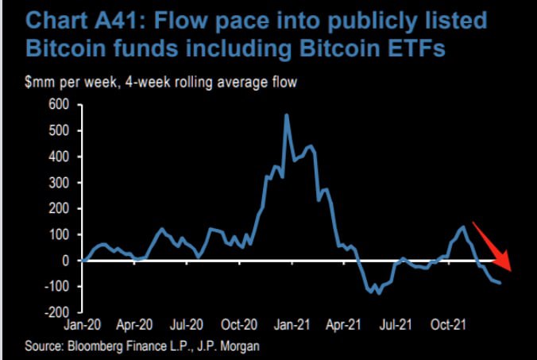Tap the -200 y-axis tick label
(x=57, y=312)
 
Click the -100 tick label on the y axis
(x=57, y=286)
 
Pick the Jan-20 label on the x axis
(x=82, y=326)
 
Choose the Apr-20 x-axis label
(x=133, y=326)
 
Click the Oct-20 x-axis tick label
(x=238, y=326)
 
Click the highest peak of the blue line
(x=286, y=115)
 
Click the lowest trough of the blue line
(x=379, y=293)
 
